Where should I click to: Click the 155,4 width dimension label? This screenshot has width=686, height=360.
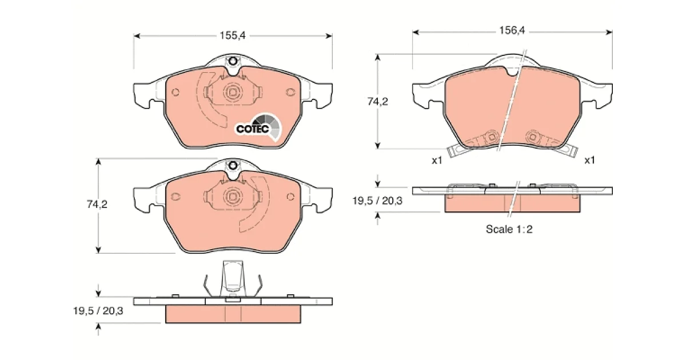233,35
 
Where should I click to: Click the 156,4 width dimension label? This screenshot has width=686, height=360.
512,30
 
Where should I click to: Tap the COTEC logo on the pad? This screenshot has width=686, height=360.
258,128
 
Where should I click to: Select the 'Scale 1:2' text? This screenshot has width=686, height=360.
509,229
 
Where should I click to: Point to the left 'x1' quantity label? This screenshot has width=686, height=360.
437,160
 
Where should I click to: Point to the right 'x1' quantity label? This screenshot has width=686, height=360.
589,160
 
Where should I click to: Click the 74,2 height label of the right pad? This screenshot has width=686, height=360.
378,101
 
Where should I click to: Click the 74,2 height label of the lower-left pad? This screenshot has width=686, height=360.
97,204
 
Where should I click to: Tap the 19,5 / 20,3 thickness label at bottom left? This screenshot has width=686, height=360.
98,311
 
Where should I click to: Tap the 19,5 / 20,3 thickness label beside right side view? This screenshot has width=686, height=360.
377,201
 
